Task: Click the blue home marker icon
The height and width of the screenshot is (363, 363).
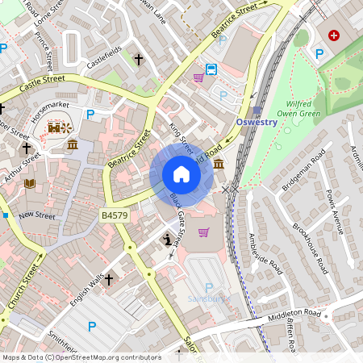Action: coord(181,174)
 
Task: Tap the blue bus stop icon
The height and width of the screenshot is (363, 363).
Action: coord(211,69)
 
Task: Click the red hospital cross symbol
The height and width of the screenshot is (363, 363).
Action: coord(333,37)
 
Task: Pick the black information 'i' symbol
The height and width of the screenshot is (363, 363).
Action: coord(167,240)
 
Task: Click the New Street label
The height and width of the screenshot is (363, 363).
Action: coord(37,215)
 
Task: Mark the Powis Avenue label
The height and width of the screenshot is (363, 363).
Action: coord(334,212)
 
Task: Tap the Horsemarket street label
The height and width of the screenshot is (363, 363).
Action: coord(49,111)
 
